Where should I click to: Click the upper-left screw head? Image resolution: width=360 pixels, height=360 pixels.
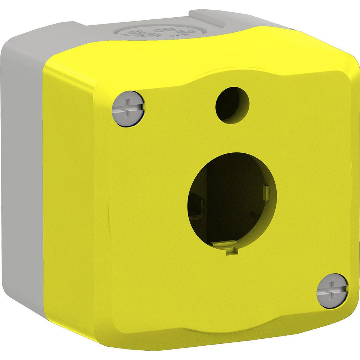click(x=128, y=108)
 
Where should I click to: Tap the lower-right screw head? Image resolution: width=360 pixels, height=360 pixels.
click(x=333, y=290)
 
